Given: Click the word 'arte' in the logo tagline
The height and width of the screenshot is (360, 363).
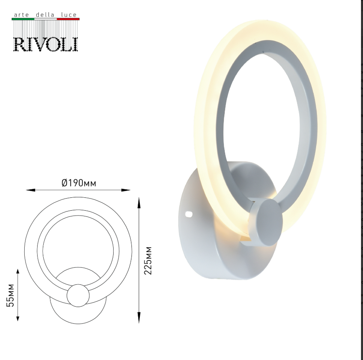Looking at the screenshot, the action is pos(21,15).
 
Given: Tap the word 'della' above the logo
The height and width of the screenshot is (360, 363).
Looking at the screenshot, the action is pos(45,15).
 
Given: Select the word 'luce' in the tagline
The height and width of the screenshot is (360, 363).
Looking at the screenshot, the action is pos(69,15).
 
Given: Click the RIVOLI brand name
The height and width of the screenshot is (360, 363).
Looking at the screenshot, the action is pos(46,44).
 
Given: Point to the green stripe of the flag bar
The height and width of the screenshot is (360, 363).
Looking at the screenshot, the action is pos(23,19).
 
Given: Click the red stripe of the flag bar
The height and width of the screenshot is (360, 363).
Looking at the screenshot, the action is pos(68,19).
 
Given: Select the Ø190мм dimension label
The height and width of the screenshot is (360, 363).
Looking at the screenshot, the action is pos(79,183).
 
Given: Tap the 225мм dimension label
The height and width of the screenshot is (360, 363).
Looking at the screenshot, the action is pos(148,260).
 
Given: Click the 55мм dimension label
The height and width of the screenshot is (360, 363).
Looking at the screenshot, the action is pos(10,295).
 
